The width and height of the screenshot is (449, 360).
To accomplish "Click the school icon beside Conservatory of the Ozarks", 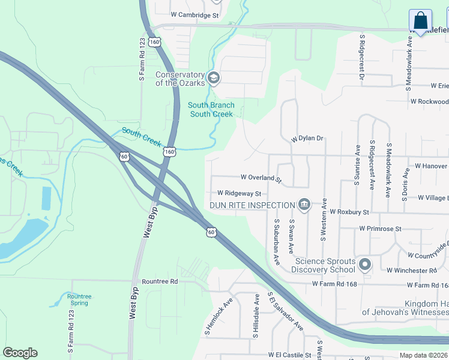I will click(213, 78).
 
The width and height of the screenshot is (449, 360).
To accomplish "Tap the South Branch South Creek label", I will click(211, 109).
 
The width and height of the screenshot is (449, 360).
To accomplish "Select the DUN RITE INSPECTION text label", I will click(252, 205).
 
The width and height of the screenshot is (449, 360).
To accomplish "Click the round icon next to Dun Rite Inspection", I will click(304, 205).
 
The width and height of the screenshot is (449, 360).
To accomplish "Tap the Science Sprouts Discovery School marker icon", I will click(364, 265).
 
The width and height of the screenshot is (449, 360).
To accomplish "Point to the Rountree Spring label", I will click(79, 299).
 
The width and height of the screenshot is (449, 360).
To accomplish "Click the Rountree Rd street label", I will click(160, 281).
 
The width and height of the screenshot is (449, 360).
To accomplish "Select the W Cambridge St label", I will click(194, 14).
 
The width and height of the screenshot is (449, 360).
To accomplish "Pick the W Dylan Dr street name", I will click(307, 139).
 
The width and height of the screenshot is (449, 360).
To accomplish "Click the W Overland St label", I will click(261, 178).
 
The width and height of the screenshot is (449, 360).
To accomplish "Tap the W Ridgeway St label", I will click(240, 193).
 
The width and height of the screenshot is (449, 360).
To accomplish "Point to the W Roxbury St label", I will click(349, 212).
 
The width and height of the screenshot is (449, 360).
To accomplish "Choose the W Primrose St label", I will click(380, 229).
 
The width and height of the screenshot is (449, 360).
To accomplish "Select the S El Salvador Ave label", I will click(286, 312).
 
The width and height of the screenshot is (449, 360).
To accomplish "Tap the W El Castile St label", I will click(290, 355).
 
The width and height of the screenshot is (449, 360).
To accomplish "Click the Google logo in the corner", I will click(20, 353).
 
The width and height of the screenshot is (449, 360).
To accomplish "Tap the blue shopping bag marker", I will click(420, 20).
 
